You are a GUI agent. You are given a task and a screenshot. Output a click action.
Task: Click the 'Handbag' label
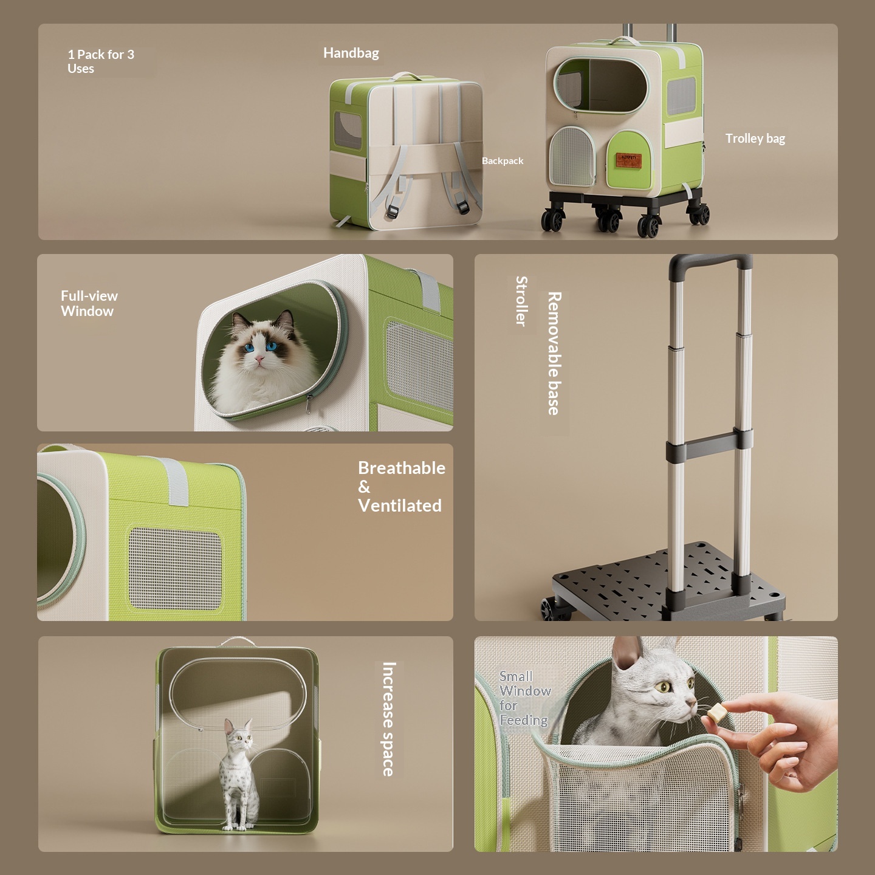(351, 53)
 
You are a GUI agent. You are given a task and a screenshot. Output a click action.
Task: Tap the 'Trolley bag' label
(755, 139)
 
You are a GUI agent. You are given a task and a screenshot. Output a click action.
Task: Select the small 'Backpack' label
(502, 161)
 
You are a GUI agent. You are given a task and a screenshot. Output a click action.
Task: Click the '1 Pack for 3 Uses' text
(101, 61)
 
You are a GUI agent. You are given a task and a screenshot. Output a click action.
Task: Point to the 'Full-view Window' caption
(89, 303)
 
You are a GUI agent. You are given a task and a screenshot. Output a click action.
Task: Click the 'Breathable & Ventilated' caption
(402, 487)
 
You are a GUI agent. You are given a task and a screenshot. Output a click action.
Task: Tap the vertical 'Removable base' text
(554, 353)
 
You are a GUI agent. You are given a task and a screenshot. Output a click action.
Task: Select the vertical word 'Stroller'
(521, 301)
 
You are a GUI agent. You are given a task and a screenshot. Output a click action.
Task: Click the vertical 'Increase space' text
(389, 719)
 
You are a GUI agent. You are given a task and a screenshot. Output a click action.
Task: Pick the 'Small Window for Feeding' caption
(525, 698)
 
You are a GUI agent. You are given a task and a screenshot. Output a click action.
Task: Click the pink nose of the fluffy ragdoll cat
(259, 359)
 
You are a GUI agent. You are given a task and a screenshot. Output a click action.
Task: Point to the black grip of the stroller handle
(710, 262)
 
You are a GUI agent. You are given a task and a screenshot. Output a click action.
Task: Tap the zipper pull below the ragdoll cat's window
(309, 402)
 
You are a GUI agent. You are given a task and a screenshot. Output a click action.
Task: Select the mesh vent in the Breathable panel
(175, 568)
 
